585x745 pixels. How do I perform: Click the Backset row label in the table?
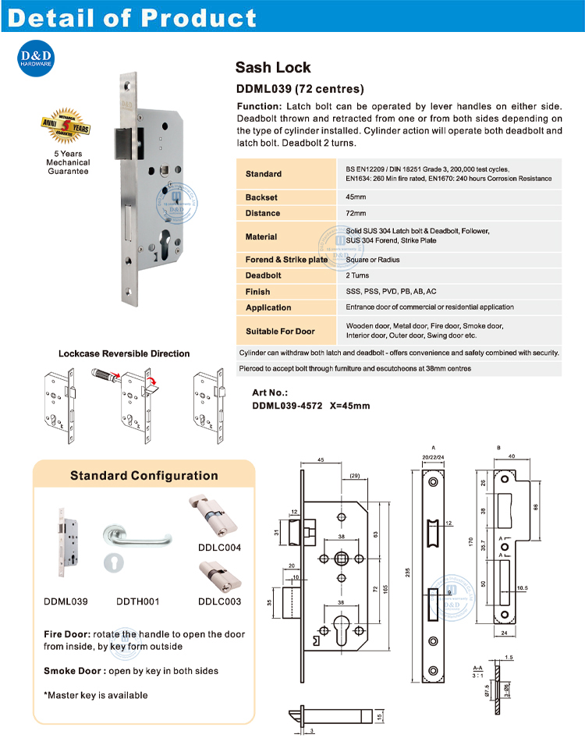tap(261, 198)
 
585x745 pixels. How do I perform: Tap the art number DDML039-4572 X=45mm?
tap(311, 406)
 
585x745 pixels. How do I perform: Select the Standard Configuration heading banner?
tap(144, 475)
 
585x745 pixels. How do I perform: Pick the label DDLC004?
tap(219, 548)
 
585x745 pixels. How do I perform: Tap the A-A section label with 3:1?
tap(477, 672)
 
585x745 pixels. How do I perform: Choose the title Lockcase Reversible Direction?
tap(123, 353)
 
